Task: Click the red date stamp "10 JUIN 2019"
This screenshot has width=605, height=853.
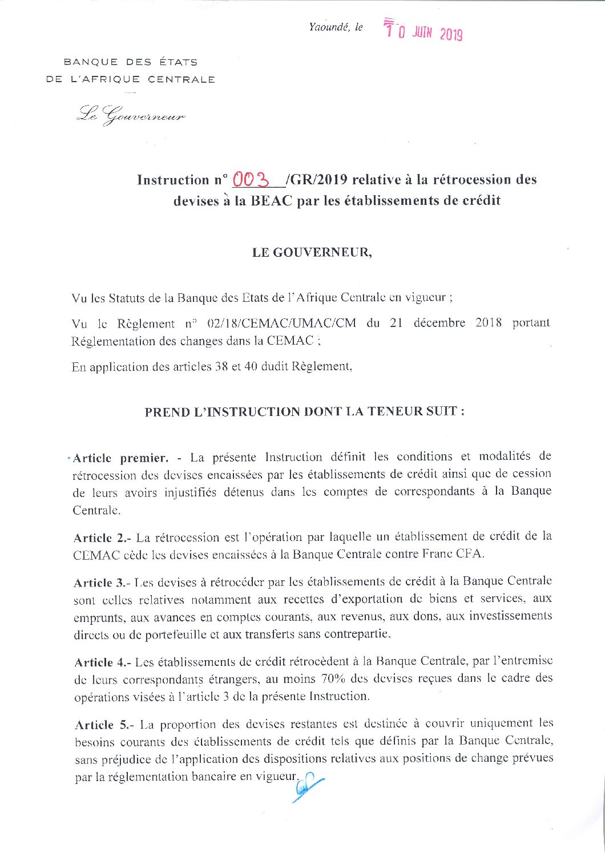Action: [423, 31]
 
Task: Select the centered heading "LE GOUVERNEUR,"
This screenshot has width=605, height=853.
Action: [312, 253]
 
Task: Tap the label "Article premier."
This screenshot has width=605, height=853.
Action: [120, 458]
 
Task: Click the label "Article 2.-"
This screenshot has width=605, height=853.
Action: [102, 537]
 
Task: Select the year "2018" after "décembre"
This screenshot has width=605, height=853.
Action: [489, 322]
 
